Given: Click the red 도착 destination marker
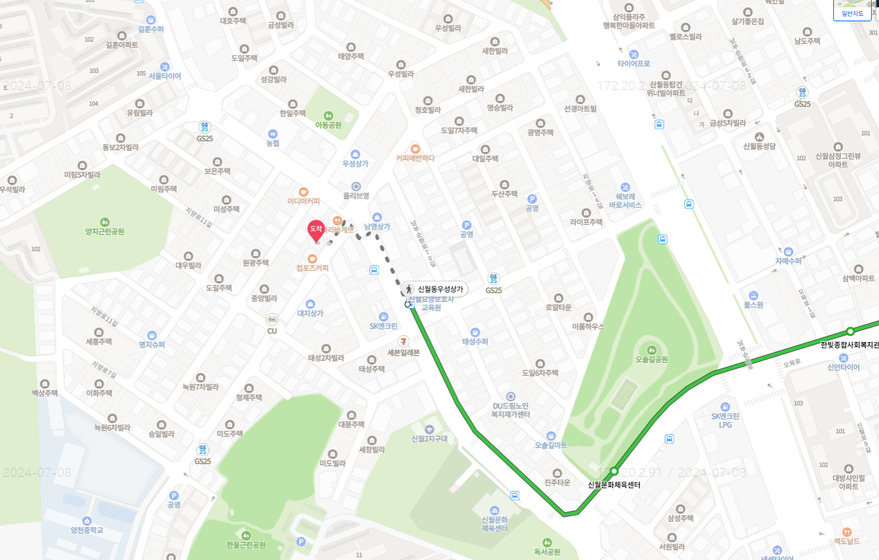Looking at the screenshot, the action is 316,230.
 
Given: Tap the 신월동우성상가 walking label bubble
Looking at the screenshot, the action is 435,289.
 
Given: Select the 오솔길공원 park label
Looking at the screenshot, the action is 651,360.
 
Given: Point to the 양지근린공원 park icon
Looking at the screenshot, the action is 105,222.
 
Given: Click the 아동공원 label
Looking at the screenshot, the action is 328,125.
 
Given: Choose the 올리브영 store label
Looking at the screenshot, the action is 356,196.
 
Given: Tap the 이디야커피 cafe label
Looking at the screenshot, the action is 304,201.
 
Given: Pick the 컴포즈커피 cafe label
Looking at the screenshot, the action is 312,268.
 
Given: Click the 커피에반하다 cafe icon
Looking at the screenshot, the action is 415,149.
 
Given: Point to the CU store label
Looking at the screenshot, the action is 272,330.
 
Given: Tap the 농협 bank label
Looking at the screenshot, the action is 272,143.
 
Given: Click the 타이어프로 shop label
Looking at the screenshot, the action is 634,64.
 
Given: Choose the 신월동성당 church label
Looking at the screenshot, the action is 759,146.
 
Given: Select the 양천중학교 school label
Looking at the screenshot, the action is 87,530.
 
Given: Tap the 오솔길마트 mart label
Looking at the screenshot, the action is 551,445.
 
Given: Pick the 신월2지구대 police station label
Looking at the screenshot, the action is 429,439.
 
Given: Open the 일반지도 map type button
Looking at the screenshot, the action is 852,13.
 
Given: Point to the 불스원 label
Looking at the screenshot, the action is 754,305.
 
